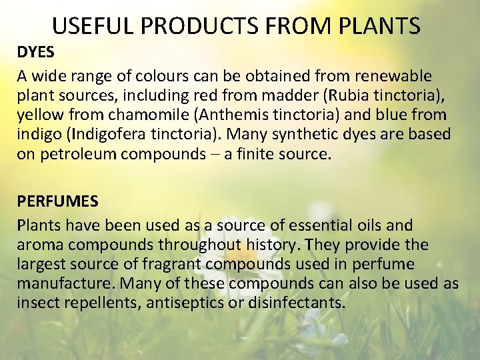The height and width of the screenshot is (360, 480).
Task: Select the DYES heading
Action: tap(36, 53)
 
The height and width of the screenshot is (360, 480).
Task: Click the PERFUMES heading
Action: tap(58, 200)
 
